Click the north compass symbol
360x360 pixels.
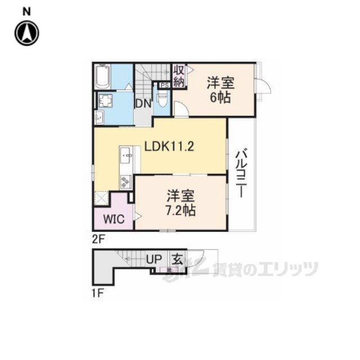pyautogui.click(x=26, y=33)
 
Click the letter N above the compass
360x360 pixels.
pyautogui.click(x=26, y=11)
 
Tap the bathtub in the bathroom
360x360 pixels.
pyautogui.click(x=102, y=77)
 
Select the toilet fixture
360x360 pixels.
pyautogui.click(x=163, y=100)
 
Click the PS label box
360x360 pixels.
pyautogui.click(x=164, y=85)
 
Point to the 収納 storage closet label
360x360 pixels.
pyautogui.click(x=179, y=75)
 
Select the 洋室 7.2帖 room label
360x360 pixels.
pyautogui.click(x=181, y=203)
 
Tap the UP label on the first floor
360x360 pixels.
pyautogui.click(x=154, y=259)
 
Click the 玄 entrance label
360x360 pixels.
pyautogui.click(x=177, y=259)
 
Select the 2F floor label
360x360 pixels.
pyautogui.click(x=98, y=238)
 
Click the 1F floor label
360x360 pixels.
pyautogui.click(x=98, y=292)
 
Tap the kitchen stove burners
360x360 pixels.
pyautogui.click(x=124, y=181)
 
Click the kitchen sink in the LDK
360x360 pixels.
pyautogui.click(x=126, y=155)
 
